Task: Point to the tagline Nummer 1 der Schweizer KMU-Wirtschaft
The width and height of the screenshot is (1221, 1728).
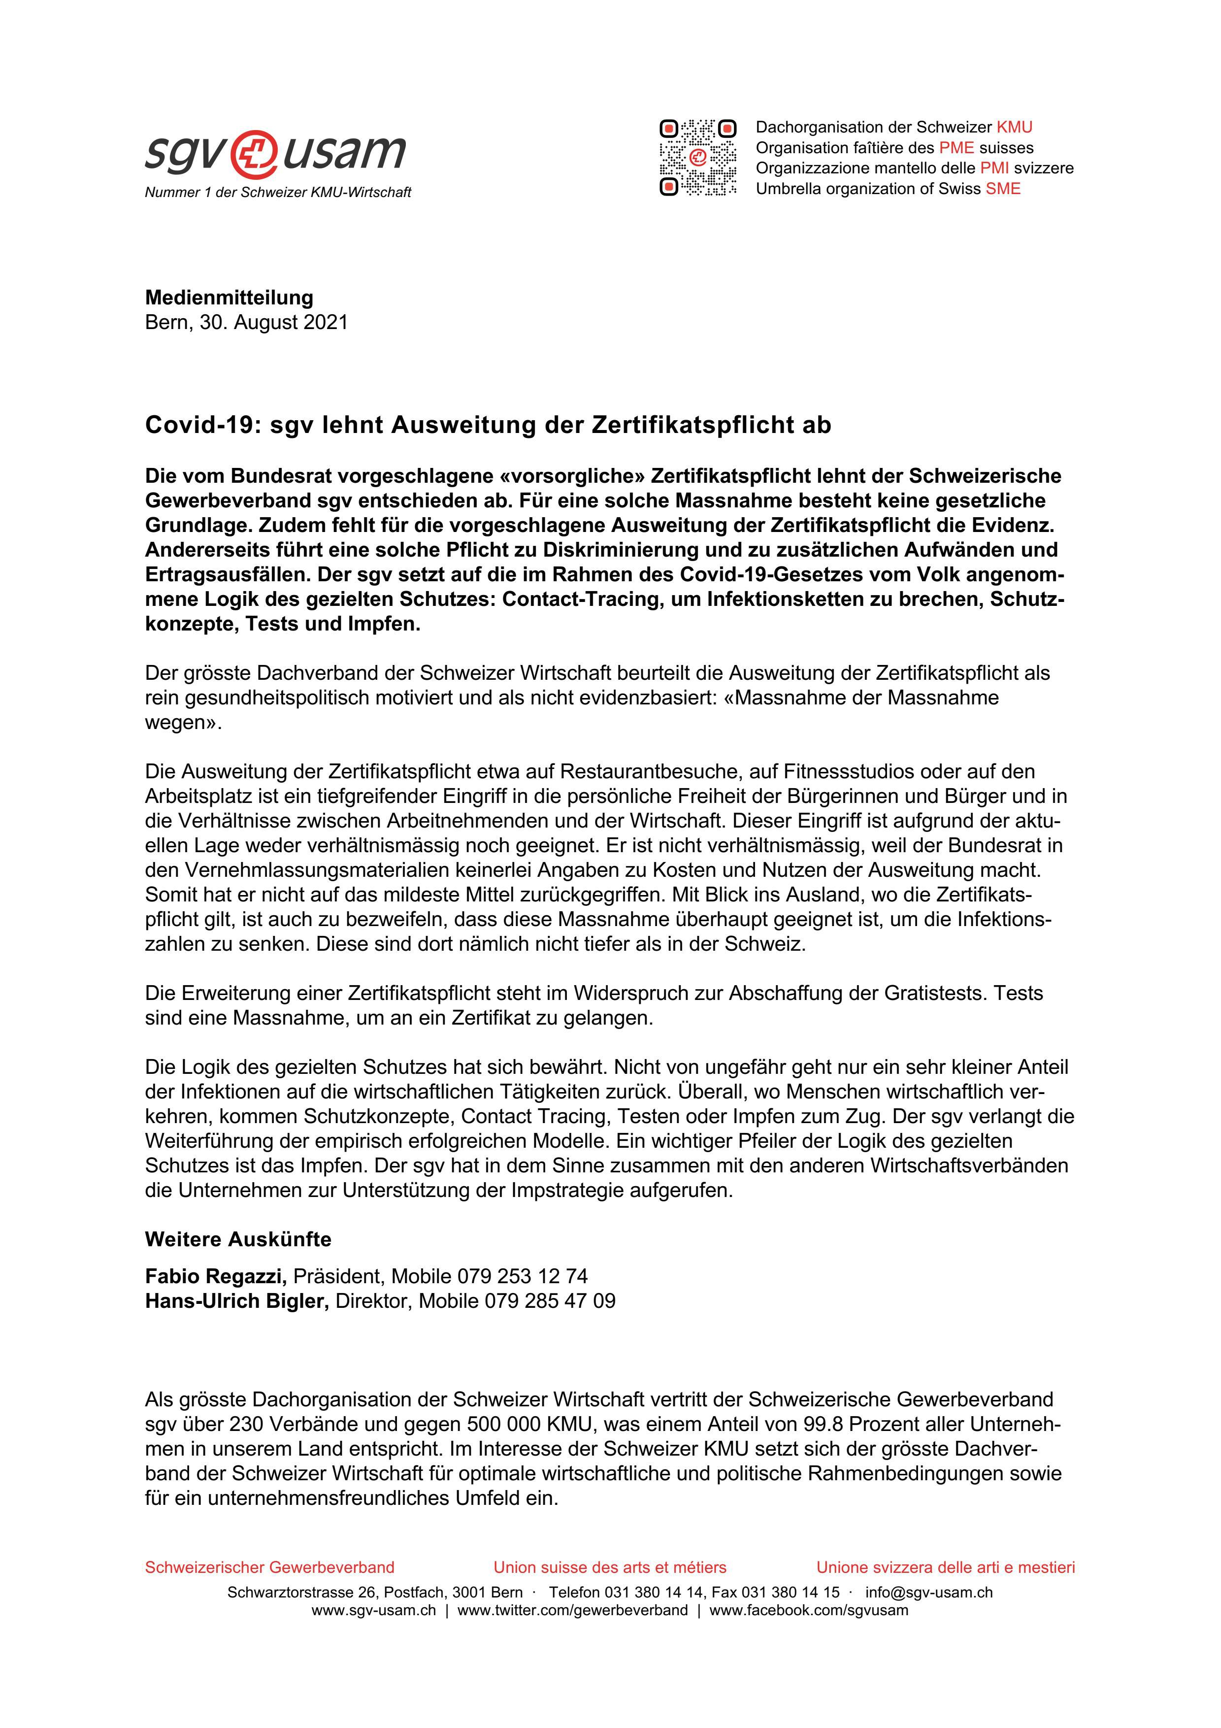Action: [278, 193]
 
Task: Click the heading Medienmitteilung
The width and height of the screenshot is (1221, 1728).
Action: [229, 298]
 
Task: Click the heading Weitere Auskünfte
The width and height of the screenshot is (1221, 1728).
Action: [238, 1239]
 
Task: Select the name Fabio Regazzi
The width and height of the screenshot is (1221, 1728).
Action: [216, 1276]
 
